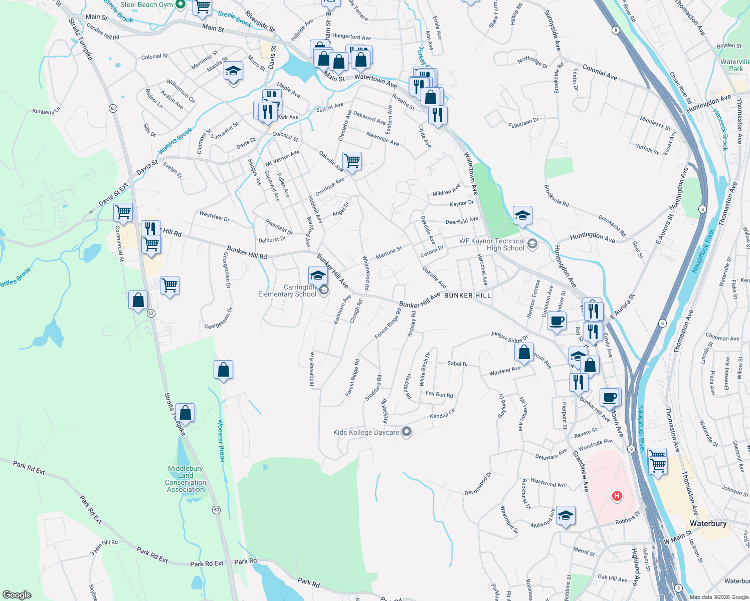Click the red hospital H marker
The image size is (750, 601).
[617, 496]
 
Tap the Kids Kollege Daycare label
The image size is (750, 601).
[366, 432]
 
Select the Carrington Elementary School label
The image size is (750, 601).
[287, 290]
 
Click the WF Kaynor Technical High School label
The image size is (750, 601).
[492, 244]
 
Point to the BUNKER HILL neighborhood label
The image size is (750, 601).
[467, 295]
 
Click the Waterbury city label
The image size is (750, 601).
[708, 523]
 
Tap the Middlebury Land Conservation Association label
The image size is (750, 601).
[185, 479]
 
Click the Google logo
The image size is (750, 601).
[17, 594]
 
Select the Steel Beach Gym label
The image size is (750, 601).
[146, 5]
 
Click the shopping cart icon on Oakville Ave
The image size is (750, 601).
[352, 161]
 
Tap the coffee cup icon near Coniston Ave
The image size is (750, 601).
[556, 320]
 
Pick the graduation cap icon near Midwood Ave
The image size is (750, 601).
[566, 515]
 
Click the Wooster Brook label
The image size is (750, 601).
[222, 440]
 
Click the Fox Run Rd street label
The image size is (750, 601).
[439, 395]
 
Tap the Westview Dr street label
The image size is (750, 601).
[214, 216]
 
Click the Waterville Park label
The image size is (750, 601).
[735, 65]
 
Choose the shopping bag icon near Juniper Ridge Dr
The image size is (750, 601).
[524, 352]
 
